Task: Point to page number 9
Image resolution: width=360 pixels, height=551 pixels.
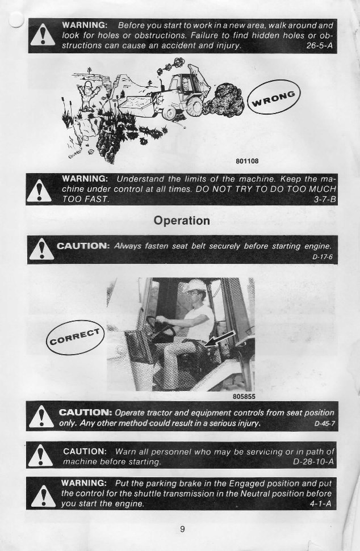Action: (x=182, y=529)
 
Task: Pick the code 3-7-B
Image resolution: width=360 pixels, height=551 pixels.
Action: (x=324, y=200)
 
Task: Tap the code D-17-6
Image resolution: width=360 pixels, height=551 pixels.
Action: (x=322, y=256)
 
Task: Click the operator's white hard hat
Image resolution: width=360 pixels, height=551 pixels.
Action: (x=196, y=285)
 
